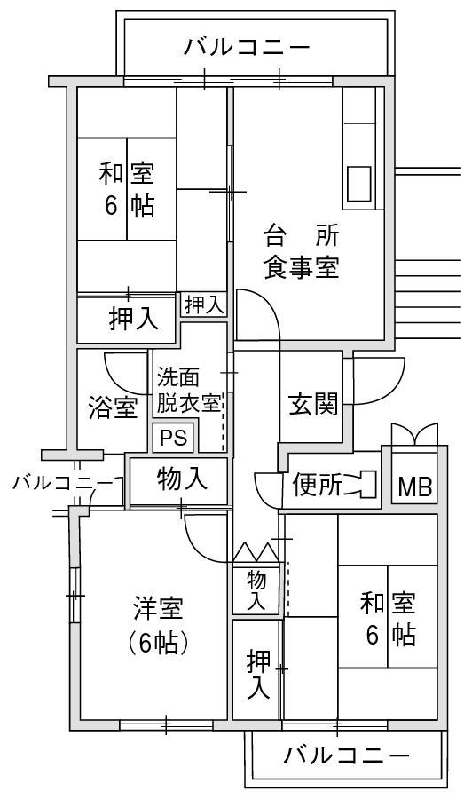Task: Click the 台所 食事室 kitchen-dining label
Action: click(302, 251)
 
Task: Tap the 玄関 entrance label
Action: click(314, 405)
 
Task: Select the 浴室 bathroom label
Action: click(113, 407)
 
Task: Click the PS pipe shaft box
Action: click(174, 437)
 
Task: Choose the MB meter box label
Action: click(415, 487)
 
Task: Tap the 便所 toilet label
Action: click(317, 485)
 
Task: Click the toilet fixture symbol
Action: click(363, 485)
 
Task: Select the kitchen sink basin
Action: click(359, 184)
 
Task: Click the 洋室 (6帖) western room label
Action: click(158, 625)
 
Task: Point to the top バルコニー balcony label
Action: click(247, 48)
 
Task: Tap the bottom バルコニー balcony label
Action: click(346, 755)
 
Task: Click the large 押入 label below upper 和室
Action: click(134, 320)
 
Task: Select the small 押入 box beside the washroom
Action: click(204, 305)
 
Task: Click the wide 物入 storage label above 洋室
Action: click(182, 479)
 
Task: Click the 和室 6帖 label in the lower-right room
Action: click(388, 619)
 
